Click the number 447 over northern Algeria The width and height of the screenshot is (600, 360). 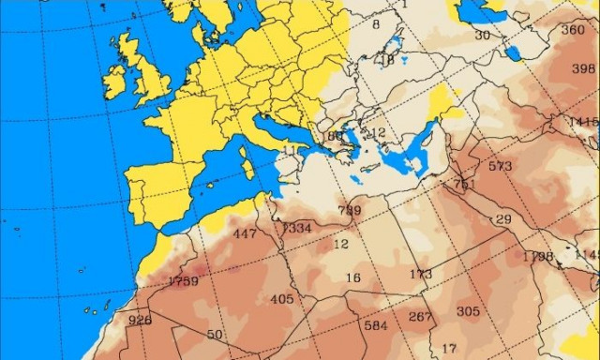tap(245, 233)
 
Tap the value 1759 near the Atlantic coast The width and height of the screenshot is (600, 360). tap(183, 281)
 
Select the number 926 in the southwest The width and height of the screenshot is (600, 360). tap(140, 320)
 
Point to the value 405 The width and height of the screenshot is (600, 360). tap(281, 299)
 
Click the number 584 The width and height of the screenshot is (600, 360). tap(375, 325)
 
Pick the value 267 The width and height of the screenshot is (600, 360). tap(421, 316)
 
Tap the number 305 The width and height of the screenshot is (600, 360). tap(468, 311)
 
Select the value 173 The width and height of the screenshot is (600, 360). tap(421, 274)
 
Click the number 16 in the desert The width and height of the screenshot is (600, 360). tap(352, 277)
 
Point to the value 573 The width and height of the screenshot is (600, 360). tap(500, 166)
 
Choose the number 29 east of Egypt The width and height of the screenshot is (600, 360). tap(503, 219)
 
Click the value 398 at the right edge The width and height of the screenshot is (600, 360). tap(583, 68)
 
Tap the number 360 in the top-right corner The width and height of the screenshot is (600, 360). tap(572, 29)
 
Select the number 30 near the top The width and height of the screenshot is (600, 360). tap(482, 35)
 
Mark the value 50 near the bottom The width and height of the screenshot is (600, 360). tap(215, 335)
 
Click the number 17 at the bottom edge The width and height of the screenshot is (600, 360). tap(449, 349)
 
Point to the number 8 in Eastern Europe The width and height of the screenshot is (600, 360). tap(376, 24)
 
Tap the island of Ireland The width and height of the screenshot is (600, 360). tap(114, 82)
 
